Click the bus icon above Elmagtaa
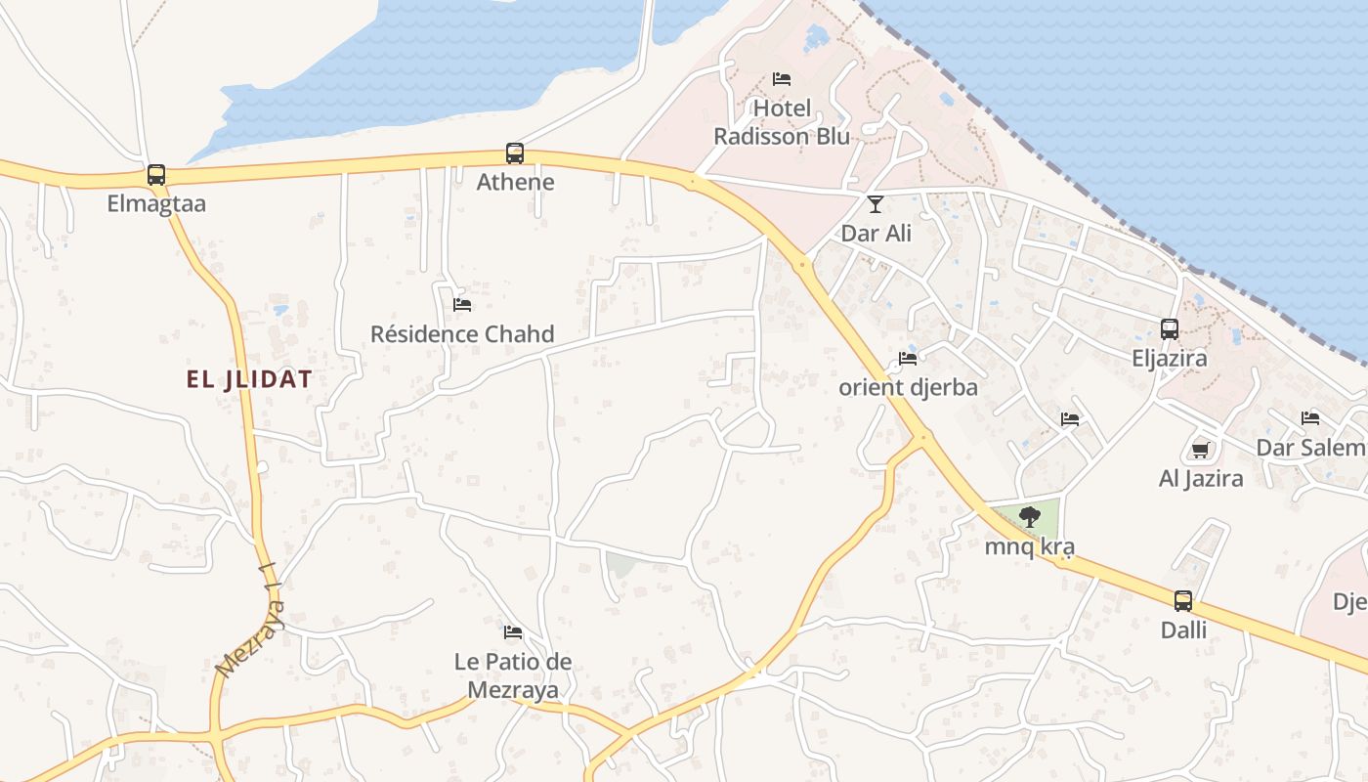click(x=156, y=175)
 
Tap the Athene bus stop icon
click(x=515, y=153)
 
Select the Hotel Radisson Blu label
click(x=782, y=122)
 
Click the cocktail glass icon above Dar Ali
click(x=876, y=204)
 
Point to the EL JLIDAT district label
click(x=249, y=380)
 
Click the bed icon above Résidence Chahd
click(x=462, y=305)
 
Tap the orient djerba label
click(x=908, y=387)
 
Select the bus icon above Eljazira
click(x=1170, y=329)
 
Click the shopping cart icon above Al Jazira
click(x=1201, y=450)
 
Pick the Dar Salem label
click(x=1310, y=448)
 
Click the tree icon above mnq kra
click(x=1029, y=517)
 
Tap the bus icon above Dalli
click(x=1183, y=601)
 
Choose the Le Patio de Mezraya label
click(x=513, y=675)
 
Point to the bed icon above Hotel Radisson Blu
click(x=782, y=79)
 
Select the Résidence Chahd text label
click(x=462, y=334)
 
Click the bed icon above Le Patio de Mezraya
click(x=513, y=632)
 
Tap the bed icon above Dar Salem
click(x=1310, y=418)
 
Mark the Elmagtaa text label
click(x=156, y=204)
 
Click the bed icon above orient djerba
click(x=908, y=359)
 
